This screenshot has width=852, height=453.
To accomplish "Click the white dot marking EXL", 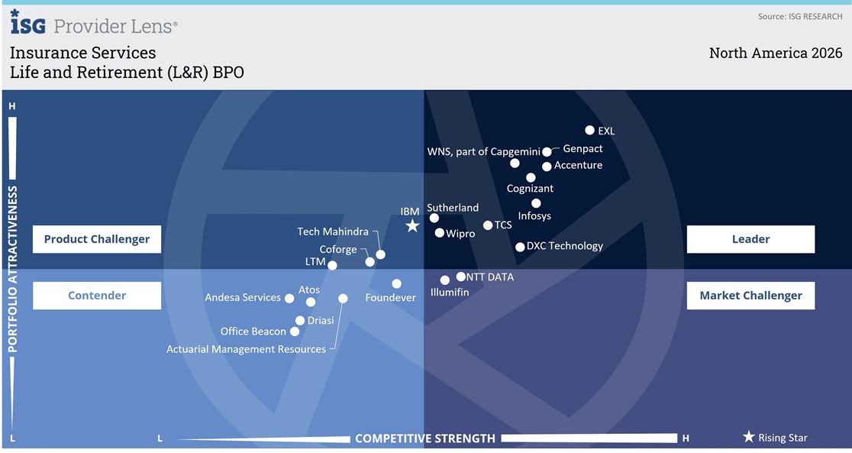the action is [x=589, y=130].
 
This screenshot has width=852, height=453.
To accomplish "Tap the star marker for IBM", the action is [x=412, y=225].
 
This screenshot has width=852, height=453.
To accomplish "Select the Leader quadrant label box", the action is [x=750, y=239].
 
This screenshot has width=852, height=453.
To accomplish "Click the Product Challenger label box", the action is [x=97, y=239].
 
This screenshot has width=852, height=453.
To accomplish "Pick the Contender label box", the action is [x=97, y=296].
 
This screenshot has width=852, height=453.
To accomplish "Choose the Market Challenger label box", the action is [x=750, y=296].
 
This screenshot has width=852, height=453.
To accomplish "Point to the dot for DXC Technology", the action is [x=520, y=247].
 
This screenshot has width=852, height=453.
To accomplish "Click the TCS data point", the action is [x=488, y=225].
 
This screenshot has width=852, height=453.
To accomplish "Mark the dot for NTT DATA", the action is [x=461, y=277].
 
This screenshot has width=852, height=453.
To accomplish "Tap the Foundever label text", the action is [x=390, y=297].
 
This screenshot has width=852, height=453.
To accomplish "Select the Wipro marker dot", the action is [x=440, y=233].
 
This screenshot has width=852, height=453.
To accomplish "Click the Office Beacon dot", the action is [x=295, y=332].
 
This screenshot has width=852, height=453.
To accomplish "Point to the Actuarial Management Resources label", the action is [x=246, y=349].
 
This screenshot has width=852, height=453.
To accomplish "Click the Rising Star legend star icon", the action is [x=749, y=437].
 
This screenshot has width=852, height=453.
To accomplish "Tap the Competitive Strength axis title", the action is [x=425, y=438].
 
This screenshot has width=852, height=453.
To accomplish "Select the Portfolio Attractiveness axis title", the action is [x=12, y=269].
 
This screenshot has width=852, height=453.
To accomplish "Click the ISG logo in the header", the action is [x=27, y=22].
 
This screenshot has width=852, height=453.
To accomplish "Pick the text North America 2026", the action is [x=776, y=53].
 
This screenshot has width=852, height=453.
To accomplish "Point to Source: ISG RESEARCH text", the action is [x=800, y=16].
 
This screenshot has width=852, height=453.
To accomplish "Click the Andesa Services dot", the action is [x=289, y=298].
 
